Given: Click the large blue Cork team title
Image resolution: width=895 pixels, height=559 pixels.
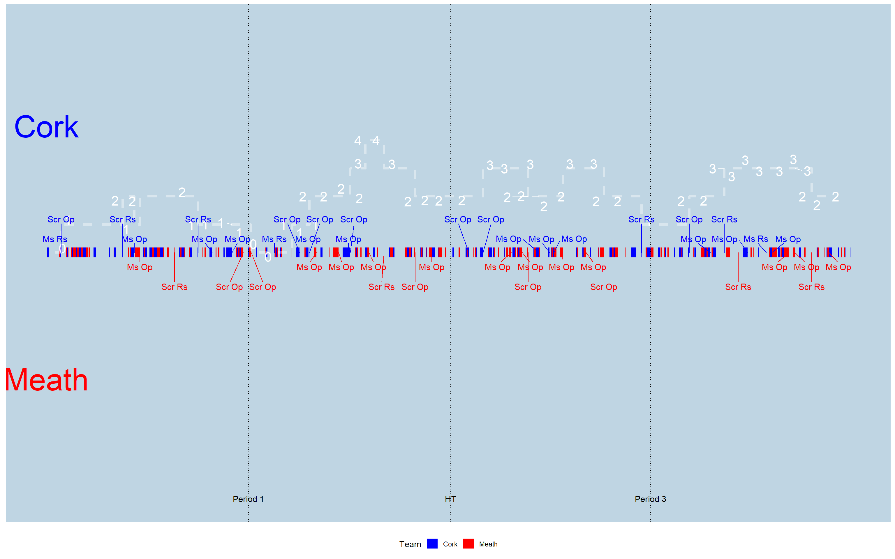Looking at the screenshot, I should click(46, 127).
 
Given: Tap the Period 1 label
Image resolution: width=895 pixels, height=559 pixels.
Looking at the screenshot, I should click(248, 499).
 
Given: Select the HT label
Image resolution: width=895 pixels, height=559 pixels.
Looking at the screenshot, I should click(450, 499).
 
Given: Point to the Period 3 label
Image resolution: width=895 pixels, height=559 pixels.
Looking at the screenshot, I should click(650, 499).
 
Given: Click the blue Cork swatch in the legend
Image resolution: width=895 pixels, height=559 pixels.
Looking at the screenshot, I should click(432, 544).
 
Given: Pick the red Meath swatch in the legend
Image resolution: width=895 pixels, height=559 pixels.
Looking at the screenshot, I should click(468, 544).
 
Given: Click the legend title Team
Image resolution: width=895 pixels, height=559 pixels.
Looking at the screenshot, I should click(410, 544).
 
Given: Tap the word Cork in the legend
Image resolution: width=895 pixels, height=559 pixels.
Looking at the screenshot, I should click(450, 544).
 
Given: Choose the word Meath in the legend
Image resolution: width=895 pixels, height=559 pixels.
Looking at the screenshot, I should click(488, 544).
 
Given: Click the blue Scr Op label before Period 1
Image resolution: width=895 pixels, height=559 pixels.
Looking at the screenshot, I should click(61, 220).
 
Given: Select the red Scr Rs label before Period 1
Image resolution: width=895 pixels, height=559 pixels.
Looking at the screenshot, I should click(174, 287).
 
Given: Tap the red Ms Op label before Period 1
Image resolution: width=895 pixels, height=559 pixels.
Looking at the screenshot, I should click(140, 267).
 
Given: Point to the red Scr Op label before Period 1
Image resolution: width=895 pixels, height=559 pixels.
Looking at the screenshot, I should click(229, 287).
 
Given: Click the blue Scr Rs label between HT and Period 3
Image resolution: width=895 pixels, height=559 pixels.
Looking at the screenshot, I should click(641, 220).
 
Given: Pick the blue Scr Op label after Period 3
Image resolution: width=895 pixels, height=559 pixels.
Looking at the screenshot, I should click(689, 220).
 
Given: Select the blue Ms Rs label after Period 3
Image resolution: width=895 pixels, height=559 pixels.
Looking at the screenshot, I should click(755, 239).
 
